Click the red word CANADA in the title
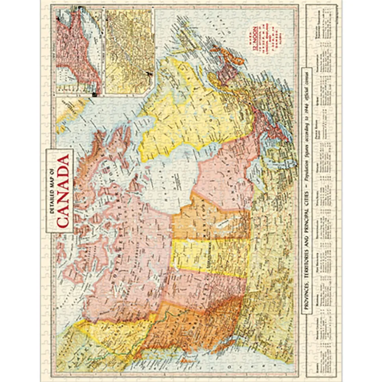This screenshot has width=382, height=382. [x=63, y=190]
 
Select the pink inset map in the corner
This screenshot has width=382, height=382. [x=79, y=51]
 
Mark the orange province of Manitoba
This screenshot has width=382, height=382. [x=209, y=220]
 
